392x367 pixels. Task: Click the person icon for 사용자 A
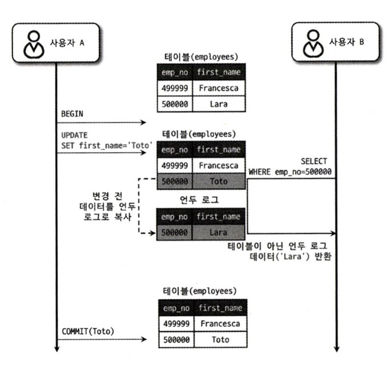(x=32, y=43)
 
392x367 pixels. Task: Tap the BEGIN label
(x=72, y=113)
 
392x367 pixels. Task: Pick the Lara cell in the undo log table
(x=219, y=233)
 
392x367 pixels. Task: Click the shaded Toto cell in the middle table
(x=219, y=181)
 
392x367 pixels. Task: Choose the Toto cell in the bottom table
(x=219, y=339)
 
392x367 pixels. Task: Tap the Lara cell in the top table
(x=219, y=104)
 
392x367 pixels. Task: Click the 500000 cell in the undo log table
(x=175, y=233)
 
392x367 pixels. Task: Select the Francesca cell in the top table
(x=219, y=88)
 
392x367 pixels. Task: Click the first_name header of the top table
(x=219, y=72)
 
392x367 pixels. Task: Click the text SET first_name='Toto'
(x=106, y=145)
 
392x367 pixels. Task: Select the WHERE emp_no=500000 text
(x=290, y=172)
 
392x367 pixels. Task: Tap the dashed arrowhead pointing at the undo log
(x=153, y=233)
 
